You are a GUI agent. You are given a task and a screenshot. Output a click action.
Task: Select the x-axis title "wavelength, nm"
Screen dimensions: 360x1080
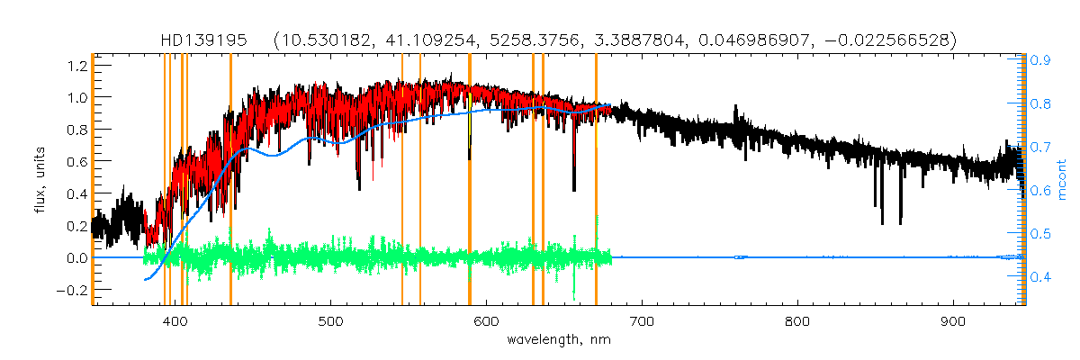559,340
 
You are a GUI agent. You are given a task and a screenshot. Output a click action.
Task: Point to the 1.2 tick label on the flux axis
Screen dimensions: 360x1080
76,65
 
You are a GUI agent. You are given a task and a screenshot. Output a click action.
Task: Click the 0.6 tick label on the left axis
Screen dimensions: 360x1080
76,161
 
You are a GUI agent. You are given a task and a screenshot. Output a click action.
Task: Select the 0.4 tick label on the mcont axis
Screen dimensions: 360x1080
1040,277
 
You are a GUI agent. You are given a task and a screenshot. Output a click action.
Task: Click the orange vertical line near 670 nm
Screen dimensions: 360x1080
596,180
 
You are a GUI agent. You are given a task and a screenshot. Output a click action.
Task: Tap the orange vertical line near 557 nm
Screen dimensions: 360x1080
420,180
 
